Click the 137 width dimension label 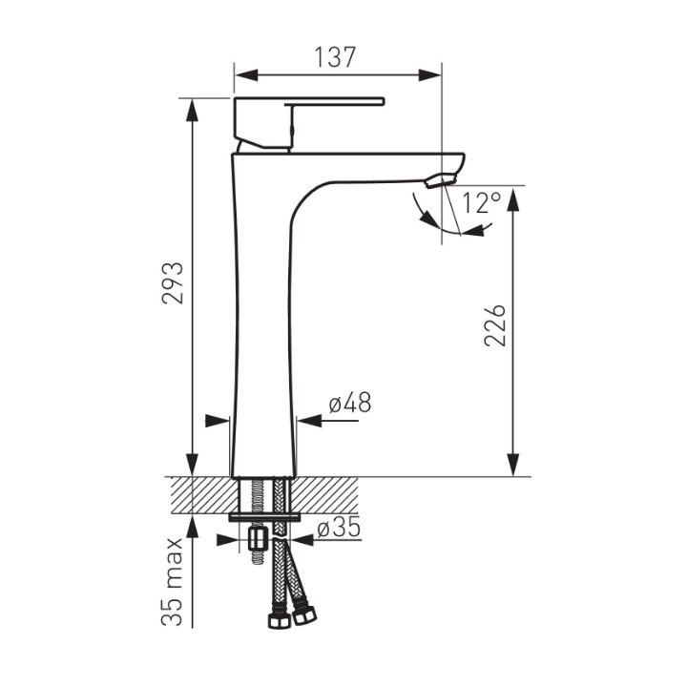pyautogui.click(x=335, y=57)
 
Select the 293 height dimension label pyautogui.click(x=172, y=283)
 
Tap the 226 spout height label pyautogui.click(x=495, y=325)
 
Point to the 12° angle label pyautogui.click(x=481, y=203)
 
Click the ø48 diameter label pyautogui.click(x=350, y=403)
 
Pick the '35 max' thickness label pyautogui.click(x=172, y=581)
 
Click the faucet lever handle pyautogui.click(x=308, y=123)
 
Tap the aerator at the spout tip pyautogui.click(x=441, y=179)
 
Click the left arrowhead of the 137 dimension pyautogui.click(x=246, y=75)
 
